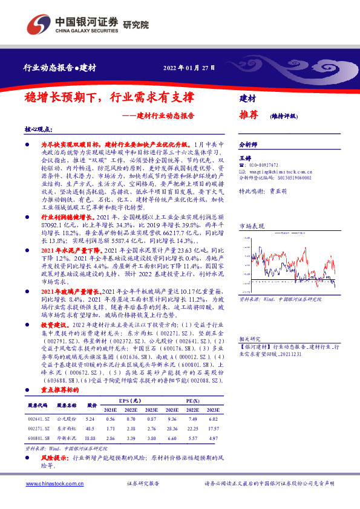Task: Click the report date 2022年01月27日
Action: point(189,68)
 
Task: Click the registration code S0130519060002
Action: point(293,178)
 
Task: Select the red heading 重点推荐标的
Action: point(61,391)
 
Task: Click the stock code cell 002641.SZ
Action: point(38,418)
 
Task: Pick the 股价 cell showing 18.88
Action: point(91,438)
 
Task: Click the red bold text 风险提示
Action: point(54,458)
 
